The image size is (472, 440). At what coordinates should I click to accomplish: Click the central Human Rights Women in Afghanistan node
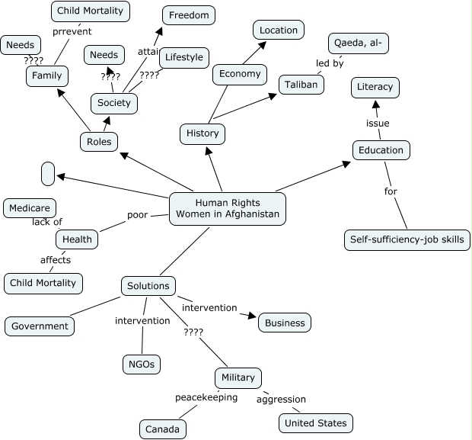tap(228, 208)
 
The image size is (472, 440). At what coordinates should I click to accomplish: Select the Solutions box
tap(148, 286)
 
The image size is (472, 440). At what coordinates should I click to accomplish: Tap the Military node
tap(238, 377)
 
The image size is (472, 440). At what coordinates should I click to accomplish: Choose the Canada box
tap(163, 429)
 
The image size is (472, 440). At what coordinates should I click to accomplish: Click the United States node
tap(316, 422)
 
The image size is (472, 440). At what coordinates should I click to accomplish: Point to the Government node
tap(40, 326)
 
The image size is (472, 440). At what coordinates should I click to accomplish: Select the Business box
tap(285, 323)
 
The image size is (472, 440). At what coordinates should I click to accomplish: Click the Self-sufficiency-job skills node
tap(407, 240)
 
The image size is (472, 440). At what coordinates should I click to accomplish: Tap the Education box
tap(381, 149)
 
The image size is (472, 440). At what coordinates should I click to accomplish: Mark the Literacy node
tap(375, 87)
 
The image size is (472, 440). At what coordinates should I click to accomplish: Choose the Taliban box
tap(301, 84)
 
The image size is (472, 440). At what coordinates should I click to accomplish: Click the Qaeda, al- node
tap(359, 44)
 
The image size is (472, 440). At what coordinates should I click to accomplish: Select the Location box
tap(279, 31)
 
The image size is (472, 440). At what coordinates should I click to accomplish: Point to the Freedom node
tap(189, 15)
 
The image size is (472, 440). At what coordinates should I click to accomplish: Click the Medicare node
tap(30, 207)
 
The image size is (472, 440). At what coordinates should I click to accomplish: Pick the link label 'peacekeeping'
tap(206, 397)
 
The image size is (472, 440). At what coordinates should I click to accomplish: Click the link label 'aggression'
tap(281, 399)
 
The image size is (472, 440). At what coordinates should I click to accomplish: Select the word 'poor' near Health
tap(137, 215)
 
